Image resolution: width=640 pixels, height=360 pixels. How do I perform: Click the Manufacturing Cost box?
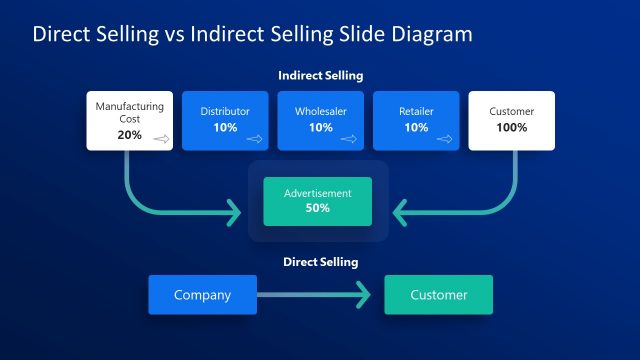129,120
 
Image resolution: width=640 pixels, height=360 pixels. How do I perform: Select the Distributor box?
225,120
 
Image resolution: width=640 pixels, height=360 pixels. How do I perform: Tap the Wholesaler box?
320,120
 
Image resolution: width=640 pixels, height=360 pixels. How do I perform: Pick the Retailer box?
416,120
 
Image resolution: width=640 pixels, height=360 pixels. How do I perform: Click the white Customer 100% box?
512,120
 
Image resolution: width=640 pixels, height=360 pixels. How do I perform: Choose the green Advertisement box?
317,201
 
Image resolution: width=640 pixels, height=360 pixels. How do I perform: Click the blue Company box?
202,295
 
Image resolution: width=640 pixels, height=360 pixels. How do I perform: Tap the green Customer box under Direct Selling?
438,295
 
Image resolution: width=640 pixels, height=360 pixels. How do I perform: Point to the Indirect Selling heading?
320,75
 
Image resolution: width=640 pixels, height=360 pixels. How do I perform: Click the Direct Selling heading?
320,262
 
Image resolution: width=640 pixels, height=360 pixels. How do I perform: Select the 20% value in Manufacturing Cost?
129,134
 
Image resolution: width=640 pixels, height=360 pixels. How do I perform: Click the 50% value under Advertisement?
317,208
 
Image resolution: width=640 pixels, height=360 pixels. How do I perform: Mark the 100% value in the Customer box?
512,128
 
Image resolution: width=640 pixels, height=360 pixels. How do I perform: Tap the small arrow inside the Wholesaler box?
349,140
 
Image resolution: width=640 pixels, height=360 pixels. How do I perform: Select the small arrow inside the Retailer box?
445,140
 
